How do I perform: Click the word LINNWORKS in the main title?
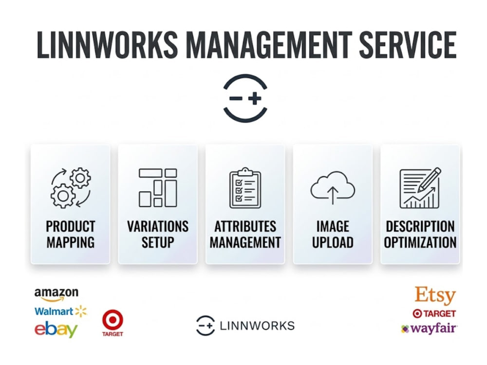108,45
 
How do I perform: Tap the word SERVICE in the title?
408,45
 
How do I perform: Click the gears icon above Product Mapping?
71,187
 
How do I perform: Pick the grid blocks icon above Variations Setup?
158,187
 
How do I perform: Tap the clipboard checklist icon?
245,188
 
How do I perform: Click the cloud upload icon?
333,187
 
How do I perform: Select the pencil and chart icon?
420,188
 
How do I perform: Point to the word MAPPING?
71,242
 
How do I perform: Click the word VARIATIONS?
158,226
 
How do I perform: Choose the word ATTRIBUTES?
245,226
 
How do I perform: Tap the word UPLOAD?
333,242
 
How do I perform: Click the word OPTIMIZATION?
420,242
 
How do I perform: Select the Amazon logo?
56,294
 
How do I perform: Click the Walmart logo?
60,311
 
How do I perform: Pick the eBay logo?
56,329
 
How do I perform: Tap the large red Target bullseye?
112,320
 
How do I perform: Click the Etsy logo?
435,295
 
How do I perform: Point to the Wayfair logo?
429,328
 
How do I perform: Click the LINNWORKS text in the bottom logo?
257,326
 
